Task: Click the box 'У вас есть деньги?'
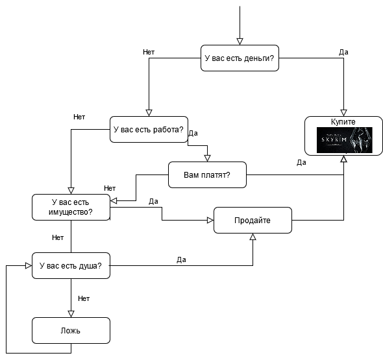coord(240,58)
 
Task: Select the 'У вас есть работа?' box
coord(149,129)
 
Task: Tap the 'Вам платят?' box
coord(207,174)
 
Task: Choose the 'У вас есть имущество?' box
coord(71,207)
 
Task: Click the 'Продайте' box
coord(253,220)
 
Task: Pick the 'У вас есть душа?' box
coord(71,265)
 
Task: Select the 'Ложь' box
coord(71,330)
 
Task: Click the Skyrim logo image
coord(345,140)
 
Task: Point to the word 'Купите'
coord(343,121)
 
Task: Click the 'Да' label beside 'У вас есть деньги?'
coord(343,52)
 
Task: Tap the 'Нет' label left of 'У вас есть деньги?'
coord(149,52)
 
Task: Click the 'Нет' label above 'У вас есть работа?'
coord(79,117)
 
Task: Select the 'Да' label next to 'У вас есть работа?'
coord(193,133)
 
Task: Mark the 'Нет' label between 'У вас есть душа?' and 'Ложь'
coord(84,298)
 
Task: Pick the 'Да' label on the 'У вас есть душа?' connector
coord(181,259)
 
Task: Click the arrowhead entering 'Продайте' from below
coord(253,237)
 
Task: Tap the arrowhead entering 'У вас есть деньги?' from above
coord(240,42)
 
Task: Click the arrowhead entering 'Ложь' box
coord(71,314)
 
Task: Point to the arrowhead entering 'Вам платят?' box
coord(207,158)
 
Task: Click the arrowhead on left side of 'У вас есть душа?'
coord(29,265)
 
